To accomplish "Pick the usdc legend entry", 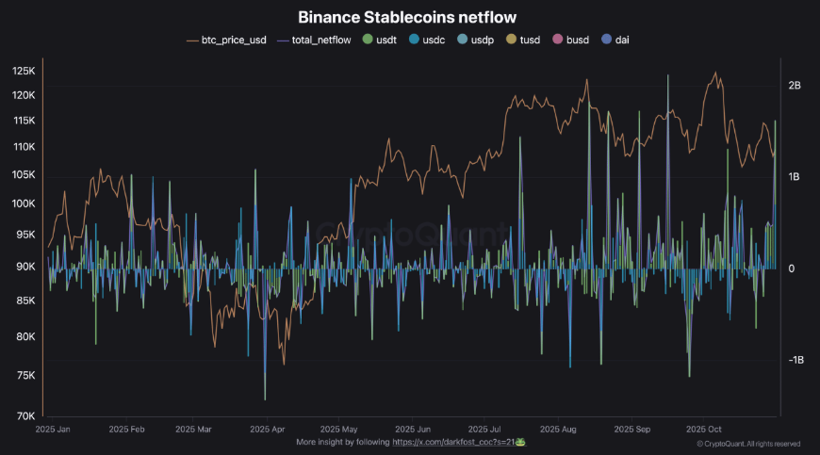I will point(433,41).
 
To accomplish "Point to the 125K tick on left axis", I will point(24,72).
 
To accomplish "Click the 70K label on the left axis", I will point(25,416).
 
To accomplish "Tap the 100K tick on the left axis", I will point(24,203).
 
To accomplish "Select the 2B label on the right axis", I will point(794,86).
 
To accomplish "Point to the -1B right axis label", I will point(794,361).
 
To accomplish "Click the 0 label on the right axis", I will point(791,269).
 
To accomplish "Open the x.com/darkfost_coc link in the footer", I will point(458,441).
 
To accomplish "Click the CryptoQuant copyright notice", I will point(747,443).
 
